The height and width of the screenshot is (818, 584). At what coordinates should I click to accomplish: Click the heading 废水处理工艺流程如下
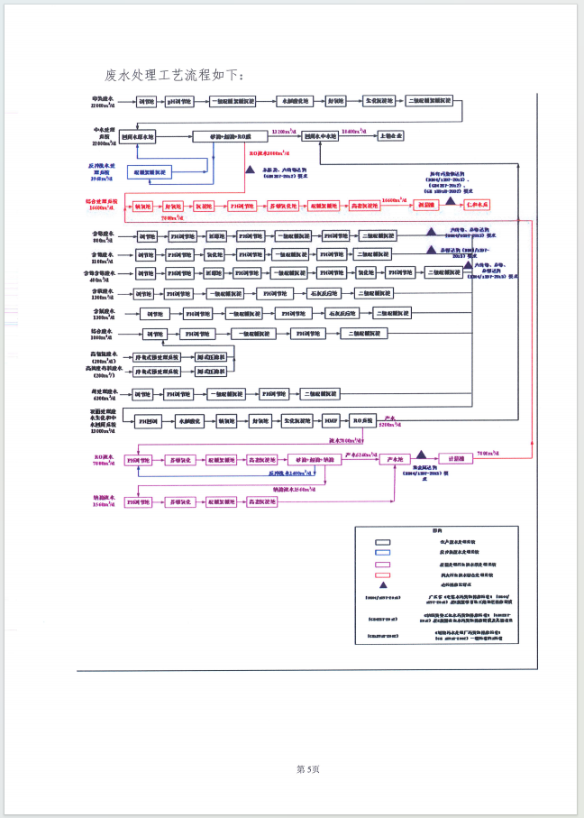(x=174, y=74)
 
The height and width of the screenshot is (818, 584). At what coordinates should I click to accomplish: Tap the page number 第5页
(x=308, y=768)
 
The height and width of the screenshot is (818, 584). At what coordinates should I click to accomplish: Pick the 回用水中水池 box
(x=321, y=136)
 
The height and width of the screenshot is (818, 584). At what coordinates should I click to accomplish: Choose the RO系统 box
(x=362, y=421)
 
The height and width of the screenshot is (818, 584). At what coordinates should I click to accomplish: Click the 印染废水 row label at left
(x=105, y=102)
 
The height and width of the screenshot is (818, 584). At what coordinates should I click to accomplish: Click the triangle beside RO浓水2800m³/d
(x=250, y=169)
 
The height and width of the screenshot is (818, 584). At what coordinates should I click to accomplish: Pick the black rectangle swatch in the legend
(x=382, y=539)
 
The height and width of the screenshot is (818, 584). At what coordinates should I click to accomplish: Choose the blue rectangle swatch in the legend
(x=382, y=551)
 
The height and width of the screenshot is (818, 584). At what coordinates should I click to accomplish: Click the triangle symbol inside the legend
(x=382, y=584)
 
